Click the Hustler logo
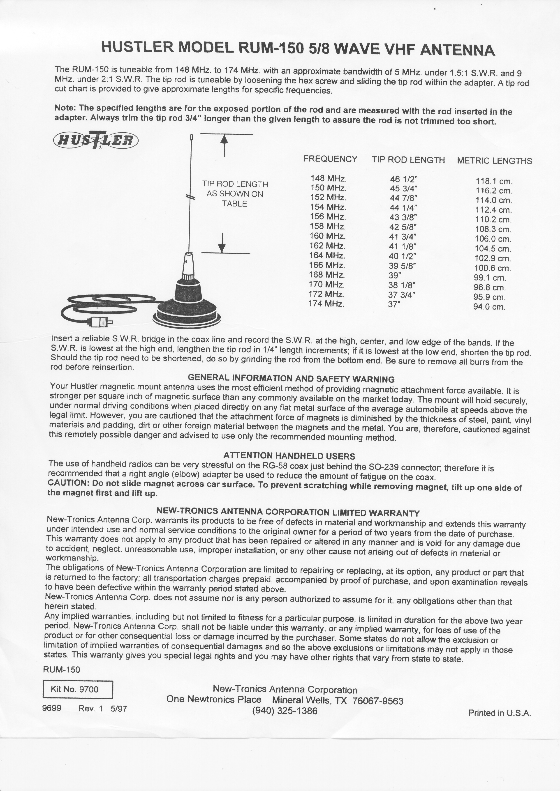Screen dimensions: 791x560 pos(95,140)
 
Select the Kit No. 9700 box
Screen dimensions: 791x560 pos(78,689)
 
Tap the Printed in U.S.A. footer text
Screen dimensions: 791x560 pos(499,713)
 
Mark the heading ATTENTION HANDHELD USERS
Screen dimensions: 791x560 pos(289,456)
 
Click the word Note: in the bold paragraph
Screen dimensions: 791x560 pos(65,108)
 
